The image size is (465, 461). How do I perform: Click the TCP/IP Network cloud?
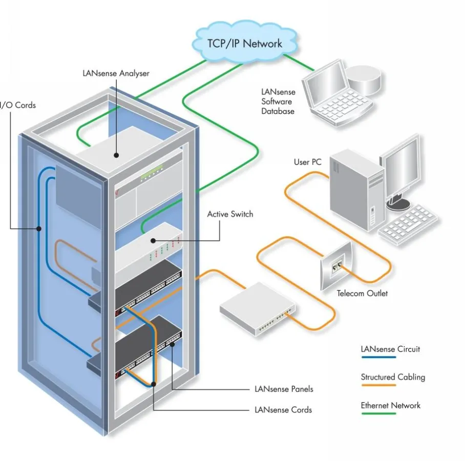pos(244,43)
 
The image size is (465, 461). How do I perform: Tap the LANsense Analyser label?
pos(116,73)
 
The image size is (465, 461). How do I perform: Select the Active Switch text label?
pos(230,214)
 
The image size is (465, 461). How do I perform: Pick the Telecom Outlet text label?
pos(362,294)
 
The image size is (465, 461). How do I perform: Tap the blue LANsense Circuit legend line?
pos(378,359)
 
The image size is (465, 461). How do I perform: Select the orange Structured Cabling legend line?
pos(378,385)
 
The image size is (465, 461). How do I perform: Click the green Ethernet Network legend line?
pos(378,413)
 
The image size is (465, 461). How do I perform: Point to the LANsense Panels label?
pos(284,389)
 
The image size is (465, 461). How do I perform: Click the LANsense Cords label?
pos(283,410)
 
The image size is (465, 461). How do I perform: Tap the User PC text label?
pos(307,162)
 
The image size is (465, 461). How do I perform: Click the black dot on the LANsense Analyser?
pos(117,154)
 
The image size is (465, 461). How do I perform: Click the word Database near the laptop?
pos(278,111)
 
